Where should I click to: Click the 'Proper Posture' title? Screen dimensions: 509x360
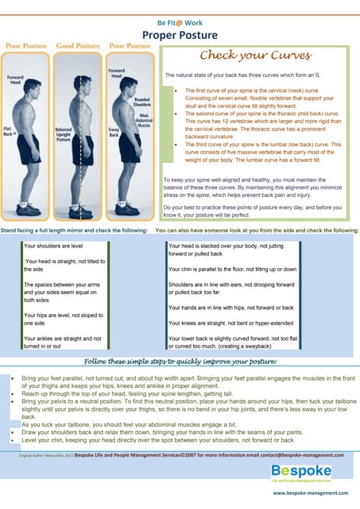click(180, 35)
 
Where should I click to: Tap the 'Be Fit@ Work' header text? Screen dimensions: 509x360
click(180, 22)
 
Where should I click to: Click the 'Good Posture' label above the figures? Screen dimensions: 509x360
click(77, 46)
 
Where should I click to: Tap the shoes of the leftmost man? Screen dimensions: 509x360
click(29, 210)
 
